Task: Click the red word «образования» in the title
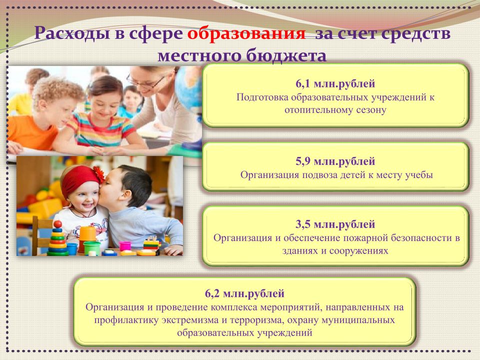(x=246, y=33)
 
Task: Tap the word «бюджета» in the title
(x=286, y=56)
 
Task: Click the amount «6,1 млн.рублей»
(x=335, y=83)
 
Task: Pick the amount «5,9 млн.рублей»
(x=335, y=161)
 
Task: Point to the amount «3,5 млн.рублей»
(x=335, y=224)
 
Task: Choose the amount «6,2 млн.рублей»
(x=244, y=293)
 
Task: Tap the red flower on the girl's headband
(x=99, y=174)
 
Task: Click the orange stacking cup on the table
(x=87, y=234)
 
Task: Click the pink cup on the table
(x=125, y=246)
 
